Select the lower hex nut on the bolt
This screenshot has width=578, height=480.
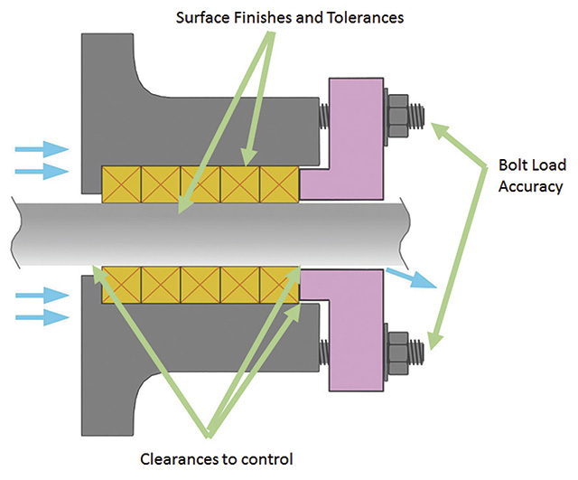(397, 349)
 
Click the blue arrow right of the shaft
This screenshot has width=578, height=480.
(411, 277)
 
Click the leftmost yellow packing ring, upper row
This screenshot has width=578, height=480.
(122, 184)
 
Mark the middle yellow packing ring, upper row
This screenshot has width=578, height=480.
(200, 184)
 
